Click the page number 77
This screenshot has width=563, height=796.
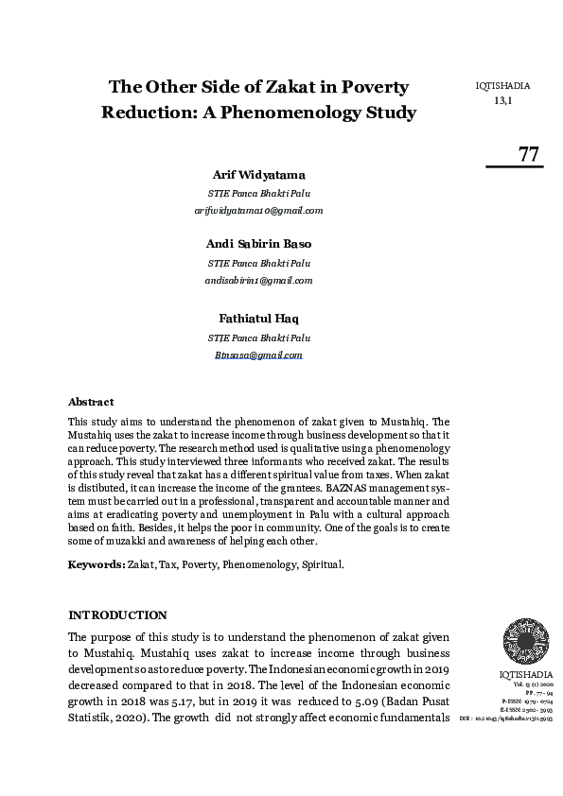[528, 154]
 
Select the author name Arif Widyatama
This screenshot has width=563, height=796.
[258, 176]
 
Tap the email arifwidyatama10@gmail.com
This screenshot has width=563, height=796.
[258, 210]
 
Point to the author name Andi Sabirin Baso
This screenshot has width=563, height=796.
[258, 244]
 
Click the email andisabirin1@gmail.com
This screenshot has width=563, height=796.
[258, 280]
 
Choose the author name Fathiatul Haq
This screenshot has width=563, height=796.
[258, 318]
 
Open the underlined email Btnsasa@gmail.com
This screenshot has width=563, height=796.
[258, 355]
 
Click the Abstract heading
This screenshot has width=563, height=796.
[91, 402]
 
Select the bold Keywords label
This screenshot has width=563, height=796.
[96, 563]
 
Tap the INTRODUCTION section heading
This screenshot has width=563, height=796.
[117, 614]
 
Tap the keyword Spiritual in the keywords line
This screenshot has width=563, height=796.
[322, 563]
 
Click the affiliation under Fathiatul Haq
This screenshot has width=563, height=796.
[258, 337]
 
